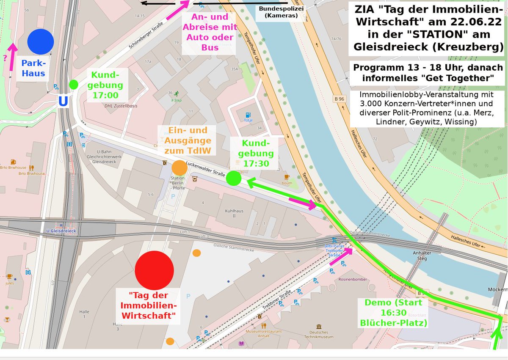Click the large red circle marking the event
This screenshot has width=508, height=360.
pyautogui.click(x=154, y=270)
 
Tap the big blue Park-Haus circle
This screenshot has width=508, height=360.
pyautogui.click(x=41, y=41)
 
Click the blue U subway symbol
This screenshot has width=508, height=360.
pyautogui.click(x=63, y=102)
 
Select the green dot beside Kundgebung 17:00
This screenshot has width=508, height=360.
pyautogui.click(x=74, y=84)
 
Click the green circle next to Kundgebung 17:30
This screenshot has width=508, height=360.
pyautogui.click(x=234, y=178)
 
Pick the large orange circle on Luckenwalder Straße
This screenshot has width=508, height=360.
pyautogui.click(x=179, y=168)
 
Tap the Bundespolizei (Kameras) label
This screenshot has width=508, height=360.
pyautogui.click(x=278, y=12)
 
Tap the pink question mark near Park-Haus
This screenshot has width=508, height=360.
pyautogui.click(x=5, y=58)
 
